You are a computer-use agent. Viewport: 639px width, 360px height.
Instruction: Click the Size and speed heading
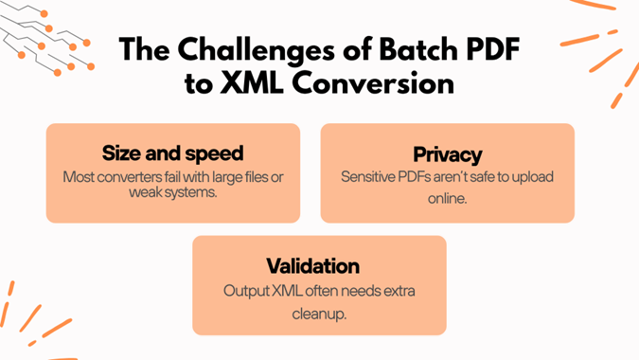(x=172, y=153)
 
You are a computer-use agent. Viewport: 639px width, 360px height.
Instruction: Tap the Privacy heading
(x=447, y=154)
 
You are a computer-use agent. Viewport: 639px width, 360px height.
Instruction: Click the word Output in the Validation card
(x=246, y=290)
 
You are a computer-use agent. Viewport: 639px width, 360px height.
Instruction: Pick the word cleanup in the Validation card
(x=319, y=314)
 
